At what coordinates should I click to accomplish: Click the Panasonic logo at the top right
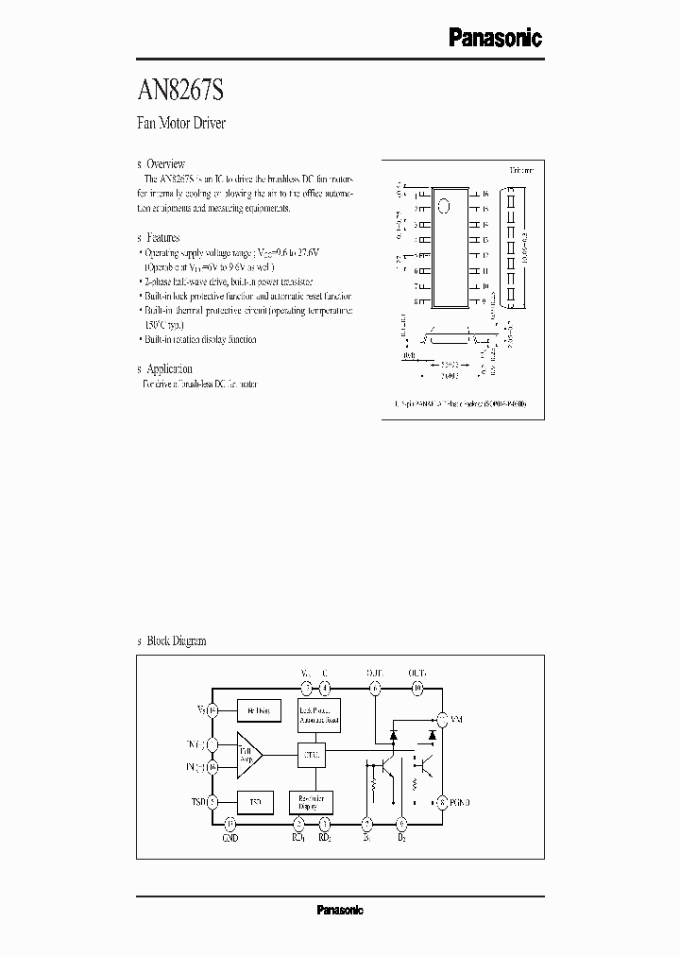[x=494, y=38]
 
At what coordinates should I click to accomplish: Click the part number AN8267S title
[x=181, y=93]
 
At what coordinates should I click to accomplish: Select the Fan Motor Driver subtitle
[x=182, y=124]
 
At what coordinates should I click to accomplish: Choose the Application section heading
[x=169, y=369]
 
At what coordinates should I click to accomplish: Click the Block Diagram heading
[x=176, y=640]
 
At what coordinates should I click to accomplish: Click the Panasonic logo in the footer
[x=339, y=911]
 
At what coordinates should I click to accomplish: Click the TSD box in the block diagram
[x=255, y=802]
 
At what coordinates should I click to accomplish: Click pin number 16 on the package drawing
[x=484, y=194]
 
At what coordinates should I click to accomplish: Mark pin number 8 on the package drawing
[x=416, y=302]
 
